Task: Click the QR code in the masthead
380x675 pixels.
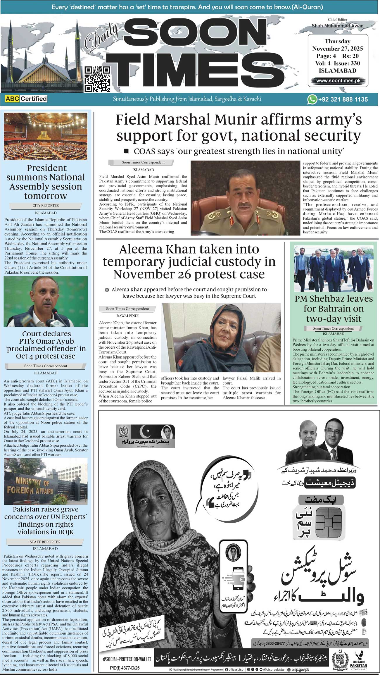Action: (x=97, y=79)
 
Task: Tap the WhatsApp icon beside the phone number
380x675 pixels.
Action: (x=312, y=99)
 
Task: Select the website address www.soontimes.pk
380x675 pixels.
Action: (x=338, y=81)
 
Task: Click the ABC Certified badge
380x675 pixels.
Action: (x=26, y=99)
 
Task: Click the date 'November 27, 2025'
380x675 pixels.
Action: (x=338, y=49)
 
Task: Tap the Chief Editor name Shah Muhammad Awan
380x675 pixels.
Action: (x=338, y=26)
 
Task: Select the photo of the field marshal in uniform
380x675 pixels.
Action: (x=245, y=198)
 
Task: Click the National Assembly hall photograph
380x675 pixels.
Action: (x=46, y=136)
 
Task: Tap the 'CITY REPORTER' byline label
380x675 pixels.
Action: (x=46, y=206)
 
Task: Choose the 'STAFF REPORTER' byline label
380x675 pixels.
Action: (x=45, y=542)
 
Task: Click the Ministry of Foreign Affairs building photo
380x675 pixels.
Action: (x=46, y=481)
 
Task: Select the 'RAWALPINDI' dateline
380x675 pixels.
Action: (x=127, y=316)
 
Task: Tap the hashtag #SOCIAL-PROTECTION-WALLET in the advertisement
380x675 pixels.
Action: (x=127, y=659)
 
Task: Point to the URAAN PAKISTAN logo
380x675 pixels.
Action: (x=359, y=659)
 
